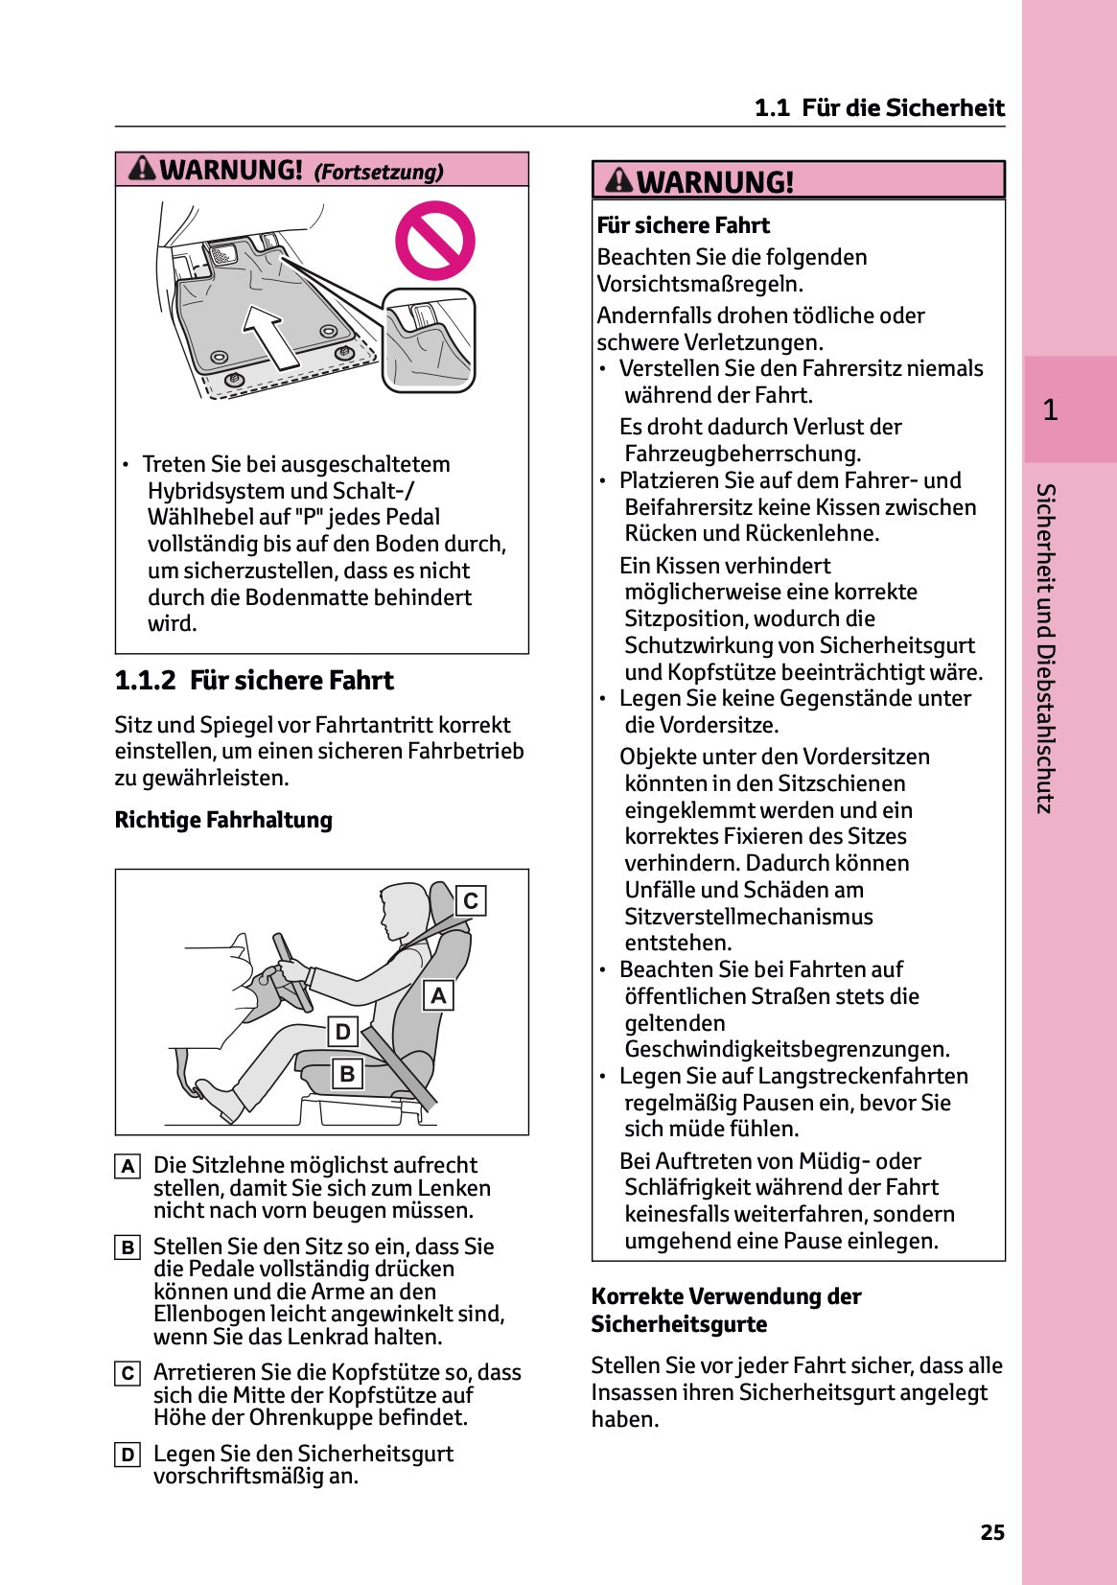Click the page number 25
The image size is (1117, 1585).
click(992, 1532)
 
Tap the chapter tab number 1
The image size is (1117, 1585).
click(1050, 410)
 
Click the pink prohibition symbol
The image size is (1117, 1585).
click(434, 241)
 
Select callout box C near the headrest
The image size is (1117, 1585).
click(470, 901)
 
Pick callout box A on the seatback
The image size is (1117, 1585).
click(438, 995)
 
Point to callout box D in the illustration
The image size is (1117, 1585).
click(343, 1033)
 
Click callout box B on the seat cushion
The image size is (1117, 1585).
click(347, 1074)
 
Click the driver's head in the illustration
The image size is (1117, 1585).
click(403, 910)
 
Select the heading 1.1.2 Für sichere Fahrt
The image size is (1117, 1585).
click(254, 681)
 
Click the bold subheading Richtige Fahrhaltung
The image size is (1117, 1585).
click(223, 820)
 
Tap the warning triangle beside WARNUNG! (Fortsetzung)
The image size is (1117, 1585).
click(142, 169)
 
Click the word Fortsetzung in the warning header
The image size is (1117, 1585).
click(380, 173)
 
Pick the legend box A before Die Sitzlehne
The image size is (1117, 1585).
click(128, 1166)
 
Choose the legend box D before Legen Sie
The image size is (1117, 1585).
click(128, 1455)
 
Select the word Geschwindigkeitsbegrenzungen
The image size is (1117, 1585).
click(786, 1049)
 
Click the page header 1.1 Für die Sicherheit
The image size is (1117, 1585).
click(879, 107)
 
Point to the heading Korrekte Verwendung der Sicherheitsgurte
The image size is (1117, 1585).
click(726, 1310)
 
